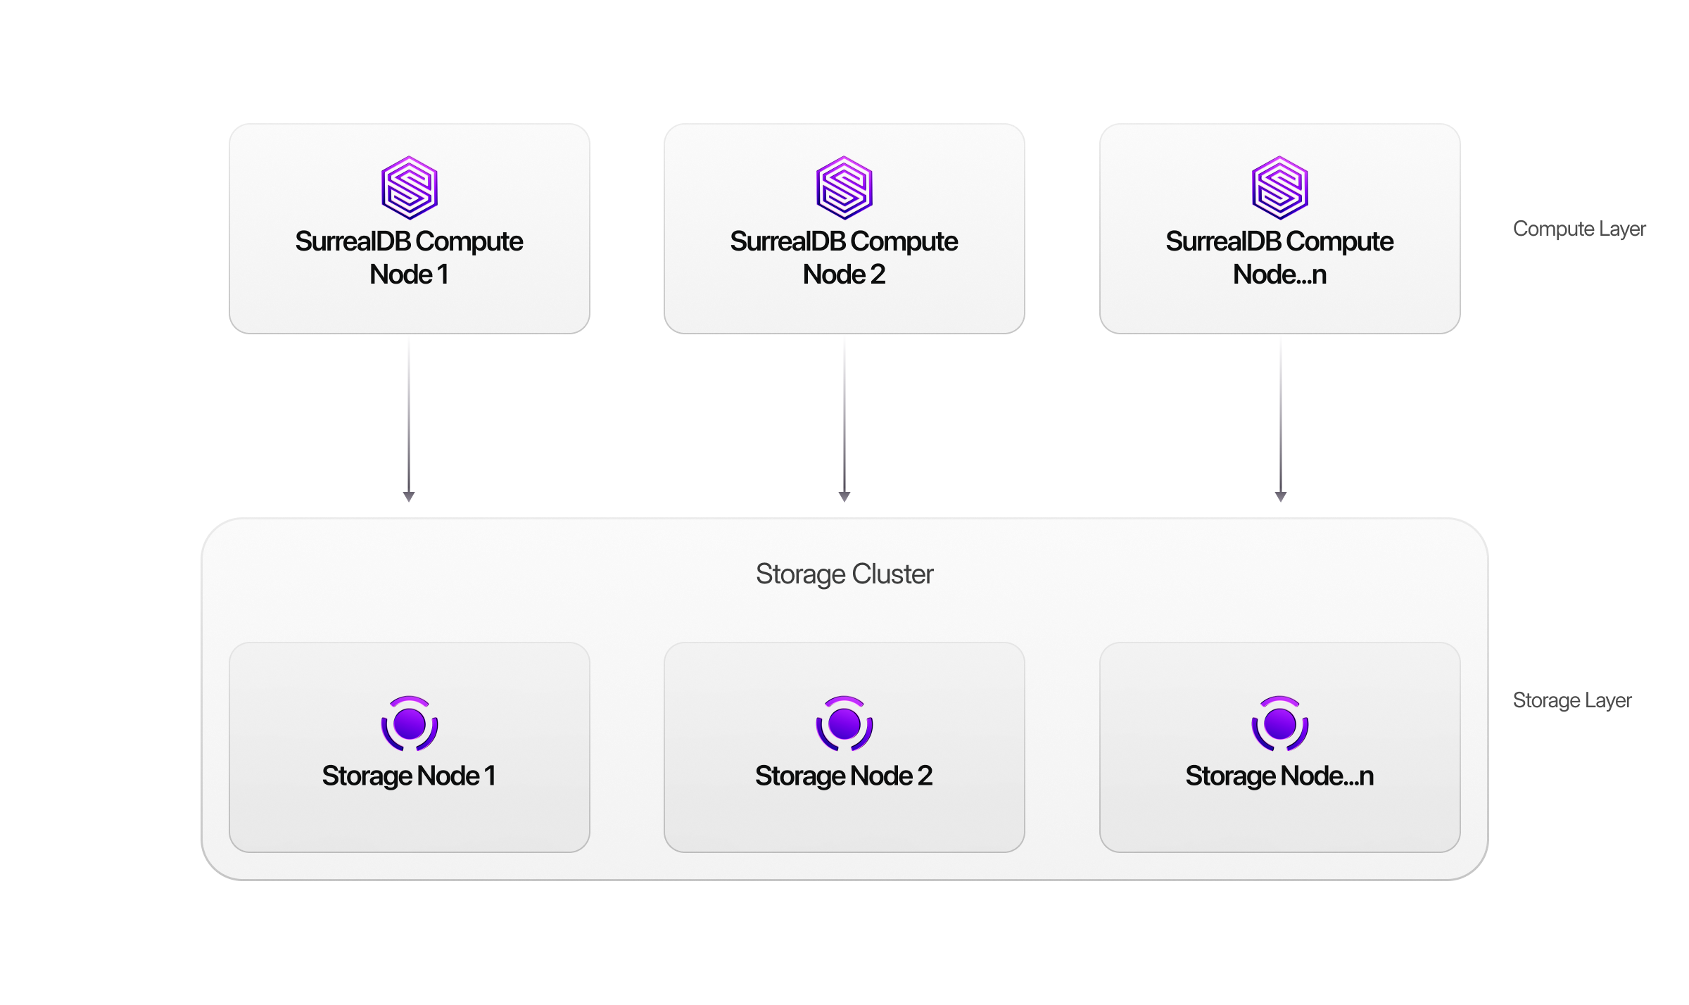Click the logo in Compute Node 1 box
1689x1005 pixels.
click(x=410, y=188)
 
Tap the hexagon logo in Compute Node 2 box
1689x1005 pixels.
click(x=844, y=188)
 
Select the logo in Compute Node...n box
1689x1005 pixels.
click(x=1280, y=188)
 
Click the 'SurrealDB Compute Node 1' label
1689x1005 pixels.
click(x=409, y=258)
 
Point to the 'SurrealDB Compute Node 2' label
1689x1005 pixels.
click(x=844, y=258)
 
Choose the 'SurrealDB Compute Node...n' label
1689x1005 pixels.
click(x=1279, y=258)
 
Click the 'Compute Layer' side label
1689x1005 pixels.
click(x=1579, y=229)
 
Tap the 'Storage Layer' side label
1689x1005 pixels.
click(x=1572, y=700)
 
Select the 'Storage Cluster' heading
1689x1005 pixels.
click(x=844, y=574)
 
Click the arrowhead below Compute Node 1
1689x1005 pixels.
click(x=409, y=496)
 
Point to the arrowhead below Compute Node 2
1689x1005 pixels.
click(x=844, y=496)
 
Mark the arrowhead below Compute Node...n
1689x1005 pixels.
click(x=1281, y=496)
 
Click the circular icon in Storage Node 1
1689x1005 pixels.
click(x=410, y=723)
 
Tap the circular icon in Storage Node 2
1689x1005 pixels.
click(x=844, y=723)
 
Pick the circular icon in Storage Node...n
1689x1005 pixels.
click(x=1280, y=723)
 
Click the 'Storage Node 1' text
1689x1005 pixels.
click(x=409, y=776)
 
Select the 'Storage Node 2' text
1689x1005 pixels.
click(x=844, y=776)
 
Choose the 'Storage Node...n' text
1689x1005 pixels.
click(x=1279, y=776)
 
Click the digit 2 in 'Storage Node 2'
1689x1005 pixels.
click(x=925, y=776)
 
